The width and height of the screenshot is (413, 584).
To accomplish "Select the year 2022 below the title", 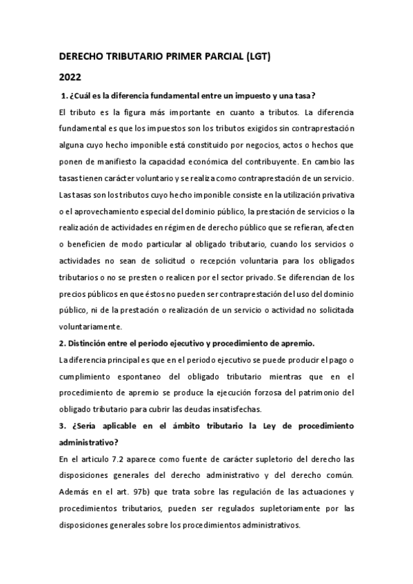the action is [x=70, y=77].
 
